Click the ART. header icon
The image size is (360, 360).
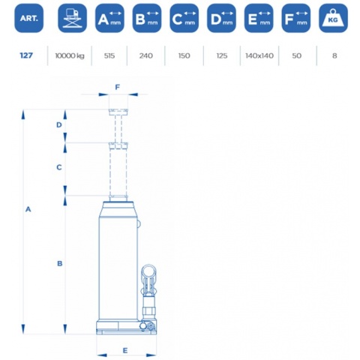click(x=28, y=18)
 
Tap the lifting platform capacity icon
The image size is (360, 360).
click(x=72, y=18)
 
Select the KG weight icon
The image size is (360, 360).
click(x=333, y=18)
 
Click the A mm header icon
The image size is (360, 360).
click(x=109, y=18)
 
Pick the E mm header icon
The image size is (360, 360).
click(x=259, y=18)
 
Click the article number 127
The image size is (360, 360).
click(x=26, y=55)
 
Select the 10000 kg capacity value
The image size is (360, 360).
click(x=70, y=55)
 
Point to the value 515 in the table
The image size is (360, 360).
click(x=109, y=55)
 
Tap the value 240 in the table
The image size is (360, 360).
click(x=146, y=55)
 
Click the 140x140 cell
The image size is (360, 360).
click(x=259, y=55)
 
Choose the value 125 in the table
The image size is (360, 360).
click(x=222, y=55)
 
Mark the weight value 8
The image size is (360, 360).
click(x=334, y=55)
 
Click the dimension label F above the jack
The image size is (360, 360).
click(x=117, y=87)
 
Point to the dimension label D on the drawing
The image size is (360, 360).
click(x=59, y=124)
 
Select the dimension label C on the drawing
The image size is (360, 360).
click(x=59, y=167)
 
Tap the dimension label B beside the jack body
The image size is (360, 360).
click(x=59, y=263)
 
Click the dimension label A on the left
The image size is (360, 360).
click(x=28, y=209)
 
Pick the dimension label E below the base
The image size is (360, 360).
click(x=125, y=351)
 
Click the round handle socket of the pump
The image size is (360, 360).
click(x=148, y=271)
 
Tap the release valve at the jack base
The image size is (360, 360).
click(x=151, y=326)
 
